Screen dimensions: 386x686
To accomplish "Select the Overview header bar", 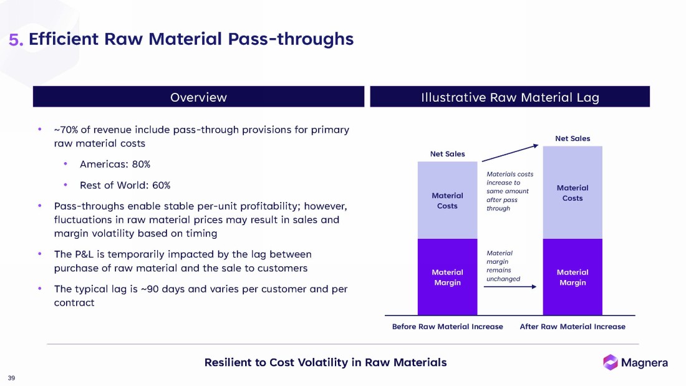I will [x=198, y=97].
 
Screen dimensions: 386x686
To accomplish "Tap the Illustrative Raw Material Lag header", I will [x=510, y=97].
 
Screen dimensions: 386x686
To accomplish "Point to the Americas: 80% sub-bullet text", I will [x=115, y=165].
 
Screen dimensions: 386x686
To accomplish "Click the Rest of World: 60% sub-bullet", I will [x=125, y=185].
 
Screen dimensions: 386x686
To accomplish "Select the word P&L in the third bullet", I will [x=86, y=254].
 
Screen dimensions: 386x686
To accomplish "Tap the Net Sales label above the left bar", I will [x=447, y=154].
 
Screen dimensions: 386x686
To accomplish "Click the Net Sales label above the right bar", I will [x=572, y=138].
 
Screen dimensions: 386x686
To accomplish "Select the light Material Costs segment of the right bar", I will [x=572, y=193].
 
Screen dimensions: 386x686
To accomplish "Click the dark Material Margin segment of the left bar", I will [x=447, y=277].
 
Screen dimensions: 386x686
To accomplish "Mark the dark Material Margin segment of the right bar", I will [x=572, y=277].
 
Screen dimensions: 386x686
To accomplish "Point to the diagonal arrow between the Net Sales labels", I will [x=510, y=153].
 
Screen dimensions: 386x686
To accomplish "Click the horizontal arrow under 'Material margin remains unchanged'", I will [x=510, y=287].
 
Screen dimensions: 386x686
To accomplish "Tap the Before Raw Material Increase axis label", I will [x=447, y=327].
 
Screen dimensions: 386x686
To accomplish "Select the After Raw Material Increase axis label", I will [x=572, y=327].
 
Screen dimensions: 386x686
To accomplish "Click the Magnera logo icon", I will [x=610, y=362].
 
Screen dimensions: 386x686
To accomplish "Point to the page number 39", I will [x=11, y=378].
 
